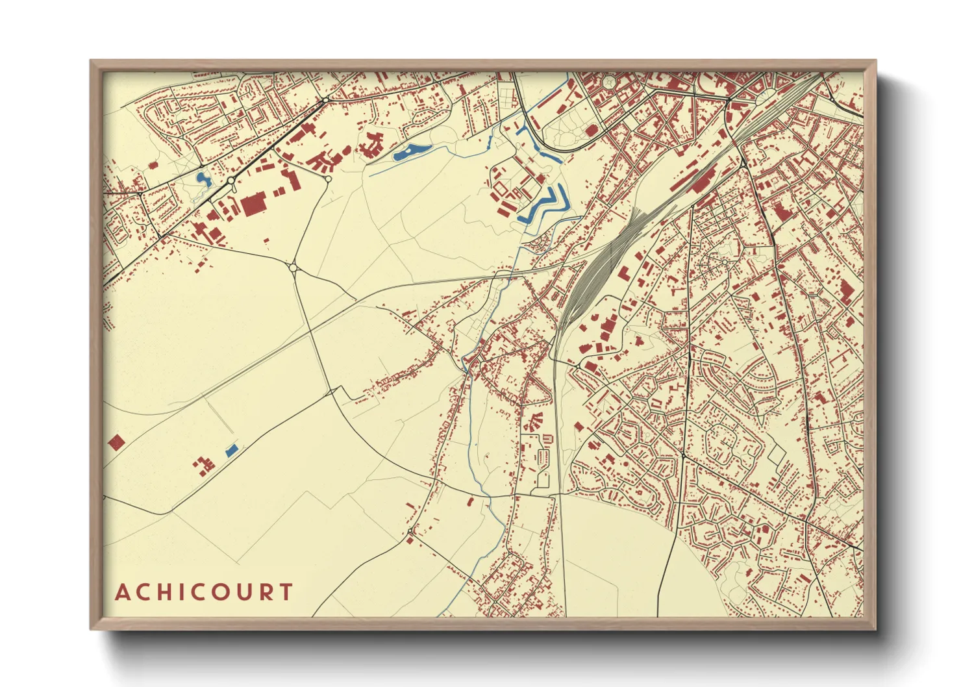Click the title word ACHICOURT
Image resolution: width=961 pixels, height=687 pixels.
coord(204,592)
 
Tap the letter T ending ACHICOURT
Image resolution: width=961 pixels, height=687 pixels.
coord(285,592)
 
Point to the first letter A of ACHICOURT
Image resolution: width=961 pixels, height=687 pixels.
coord(122,592)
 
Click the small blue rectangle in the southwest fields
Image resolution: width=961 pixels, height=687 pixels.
coord(231,450)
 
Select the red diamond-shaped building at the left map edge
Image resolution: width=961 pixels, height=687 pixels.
coord(116,442)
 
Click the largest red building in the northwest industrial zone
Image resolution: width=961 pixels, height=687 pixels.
coord(253,205)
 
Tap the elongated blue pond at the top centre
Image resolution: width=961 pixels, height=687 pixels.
coord(412,152)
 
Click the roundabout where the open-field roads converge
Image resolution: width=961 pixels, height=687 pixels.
coord(293,267)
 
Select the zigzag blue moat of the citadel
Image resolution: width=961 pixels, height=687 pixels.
coord(544,205)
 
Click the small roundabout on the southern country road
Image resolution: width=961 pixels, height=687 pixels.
coord(410,533)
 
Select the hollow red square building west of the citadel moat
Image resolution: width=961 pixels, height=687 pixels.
coord(501,187)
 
